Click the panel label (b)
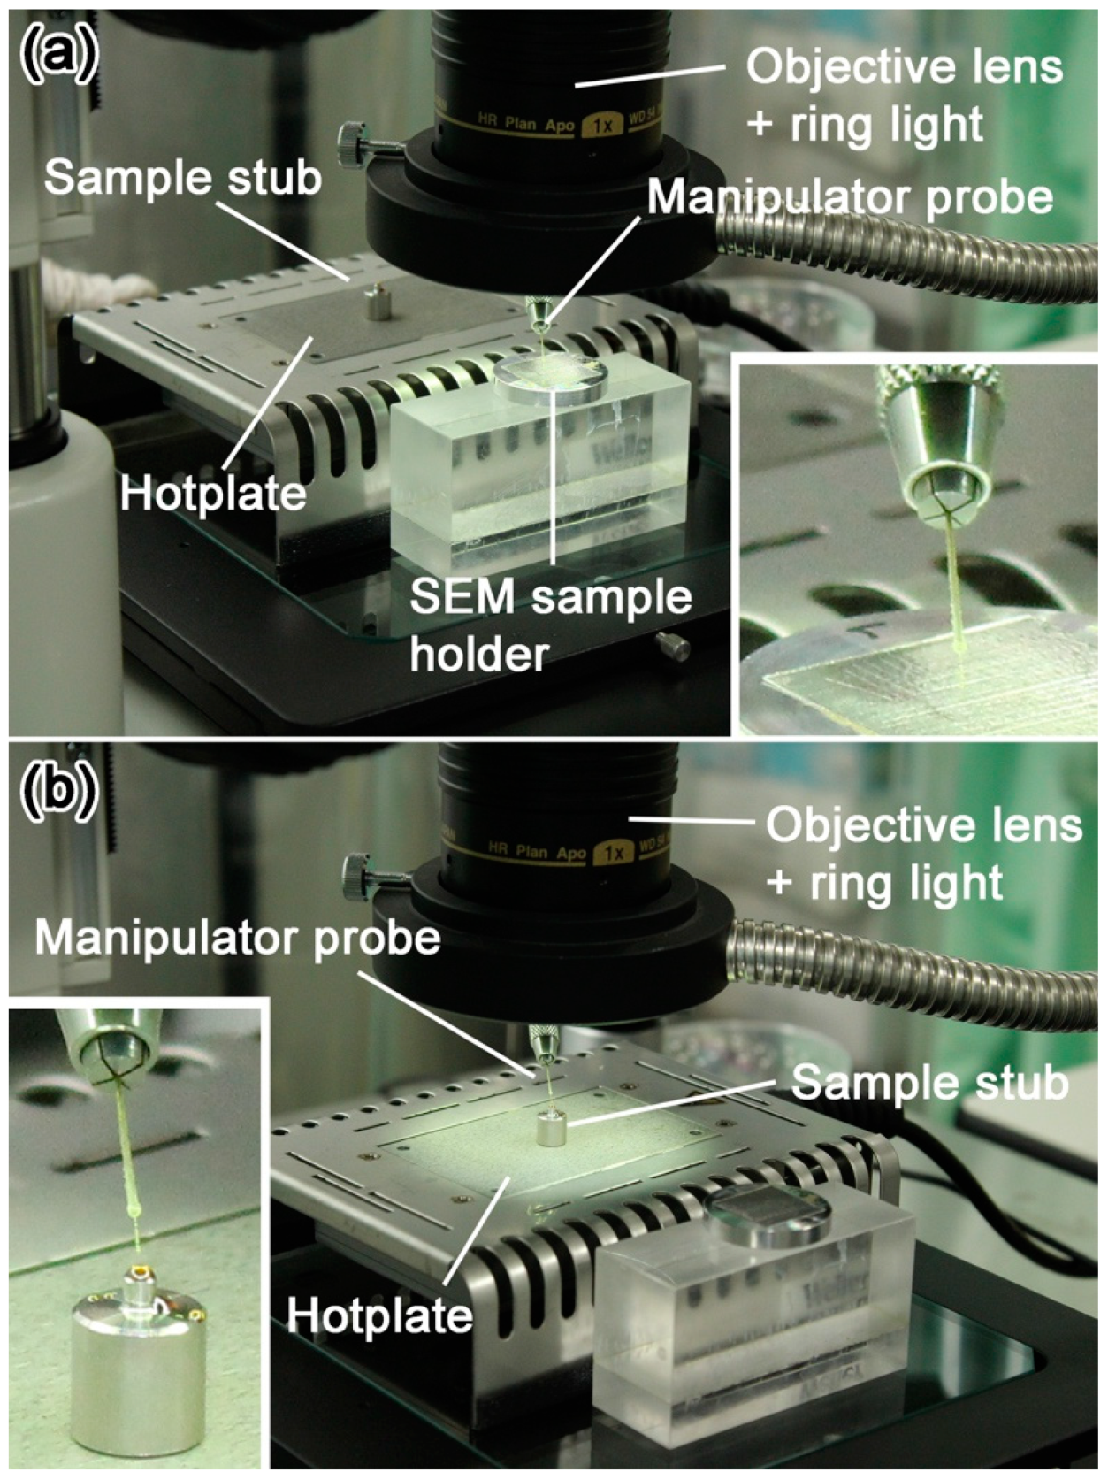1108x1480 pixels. point(60,794)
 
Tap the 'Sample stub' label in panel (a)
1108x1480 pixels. point(183,178)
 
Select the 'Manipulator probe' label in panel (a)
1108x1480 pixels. point(850,196)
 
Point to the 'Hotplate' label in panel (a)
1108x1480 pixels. point(213,492)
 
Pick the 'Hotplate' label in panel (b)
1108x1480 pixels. point(379,1315)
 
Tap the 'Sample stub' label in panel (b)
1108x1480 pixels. point(929,1081)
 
